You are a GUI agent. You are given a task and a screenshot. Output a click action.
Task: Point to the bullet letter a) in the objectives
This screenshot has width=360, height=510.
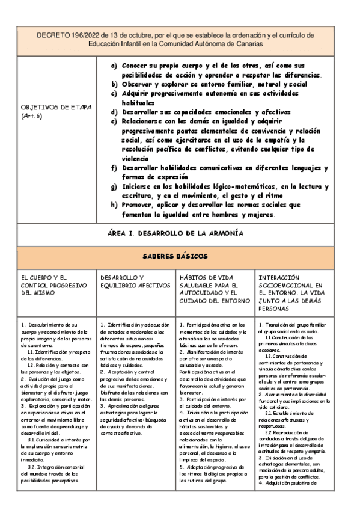tap(114, 64)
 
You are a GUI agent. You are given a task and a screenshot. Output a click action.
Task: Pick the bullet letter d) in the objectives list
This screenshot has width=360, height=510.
tap(114, 112)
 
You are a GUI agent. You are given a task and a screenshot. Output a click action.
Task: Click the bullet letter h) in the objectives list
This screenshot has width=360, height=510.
tap(114, 204)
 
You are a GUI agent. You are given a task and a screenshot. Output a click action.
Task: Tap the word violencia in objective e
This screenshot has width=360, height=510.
tap(138, 158)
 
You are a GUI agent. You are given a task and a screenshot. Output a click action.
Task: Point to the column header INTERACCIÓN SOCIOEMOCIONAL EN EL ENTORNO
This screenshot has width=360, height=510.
tap(290, 289)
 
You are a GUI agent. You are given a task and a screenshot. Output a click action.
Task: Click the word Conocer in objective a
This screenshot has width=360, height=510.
tap(136, 64)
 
